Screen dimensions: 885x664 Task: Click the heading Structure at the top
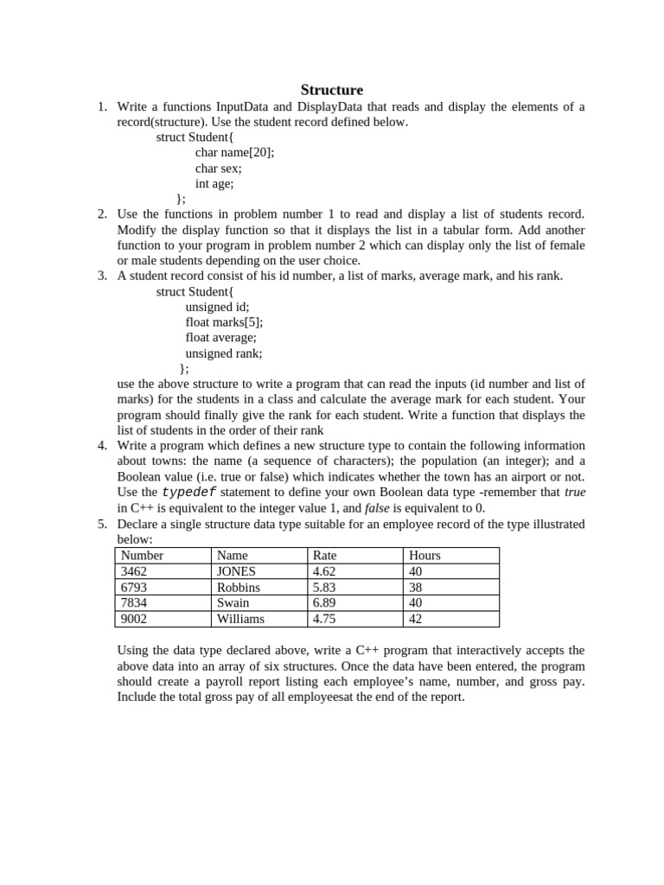click(x=332, y=90)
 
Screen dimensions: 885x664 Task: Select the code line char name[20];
click(x=234, y=153)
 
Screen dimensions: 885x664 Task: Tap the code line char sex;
click(x=218, y=169)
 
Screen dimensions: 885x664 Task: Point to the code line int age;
click(x=214, y=183)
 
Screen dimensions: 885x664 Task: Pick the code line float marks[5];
click(x=224, y=322)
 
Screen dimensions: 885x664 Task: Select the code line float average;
click(x=220, y=338)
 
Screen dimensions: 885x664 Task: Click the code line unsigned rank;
click(x=223, y=353)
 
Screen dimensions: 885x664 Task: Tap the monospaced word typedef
click(x=189, y=493)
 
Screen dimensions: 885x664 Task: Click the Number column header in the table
click(x=143, y=556)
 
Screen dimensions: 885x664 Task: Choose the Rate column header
click(x=324, y=556)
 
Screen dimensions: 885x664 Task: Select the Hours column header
click(x=425, y=556)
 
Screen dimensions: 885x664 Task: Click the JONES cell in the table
click(x=236, y=571)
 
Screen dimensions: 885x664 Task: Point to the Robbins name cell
click(x=238, y=588)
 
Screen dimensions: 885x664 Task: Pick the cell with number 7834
click(x=136, y=603)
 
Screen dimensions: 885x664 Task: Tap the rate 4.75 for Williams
click(x=324, y=619)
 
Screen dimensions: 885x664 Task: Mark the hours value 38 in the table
click(x=416, y=588)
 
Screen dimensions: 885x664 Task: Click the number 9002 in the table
click(x=135, y=619)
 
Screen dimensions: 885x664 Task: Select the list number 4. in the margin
click(x=102, y=446)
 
